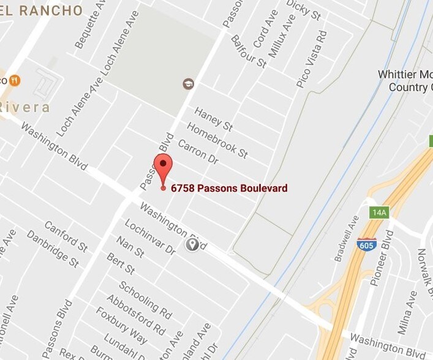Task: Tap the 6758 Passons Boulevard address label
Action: (229, 189)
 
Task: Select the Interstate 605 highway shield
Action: (366, 243)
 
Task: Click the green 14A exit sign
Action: (379, 212)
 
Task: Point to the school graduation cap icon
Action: (189, 83)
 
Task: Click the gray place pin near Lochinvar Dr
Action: (192, 245)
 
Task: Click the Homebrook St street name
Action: (217, 140)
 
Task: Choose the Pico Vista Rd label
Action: (311, 65)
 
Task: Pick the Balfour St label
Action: (248, 51)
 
